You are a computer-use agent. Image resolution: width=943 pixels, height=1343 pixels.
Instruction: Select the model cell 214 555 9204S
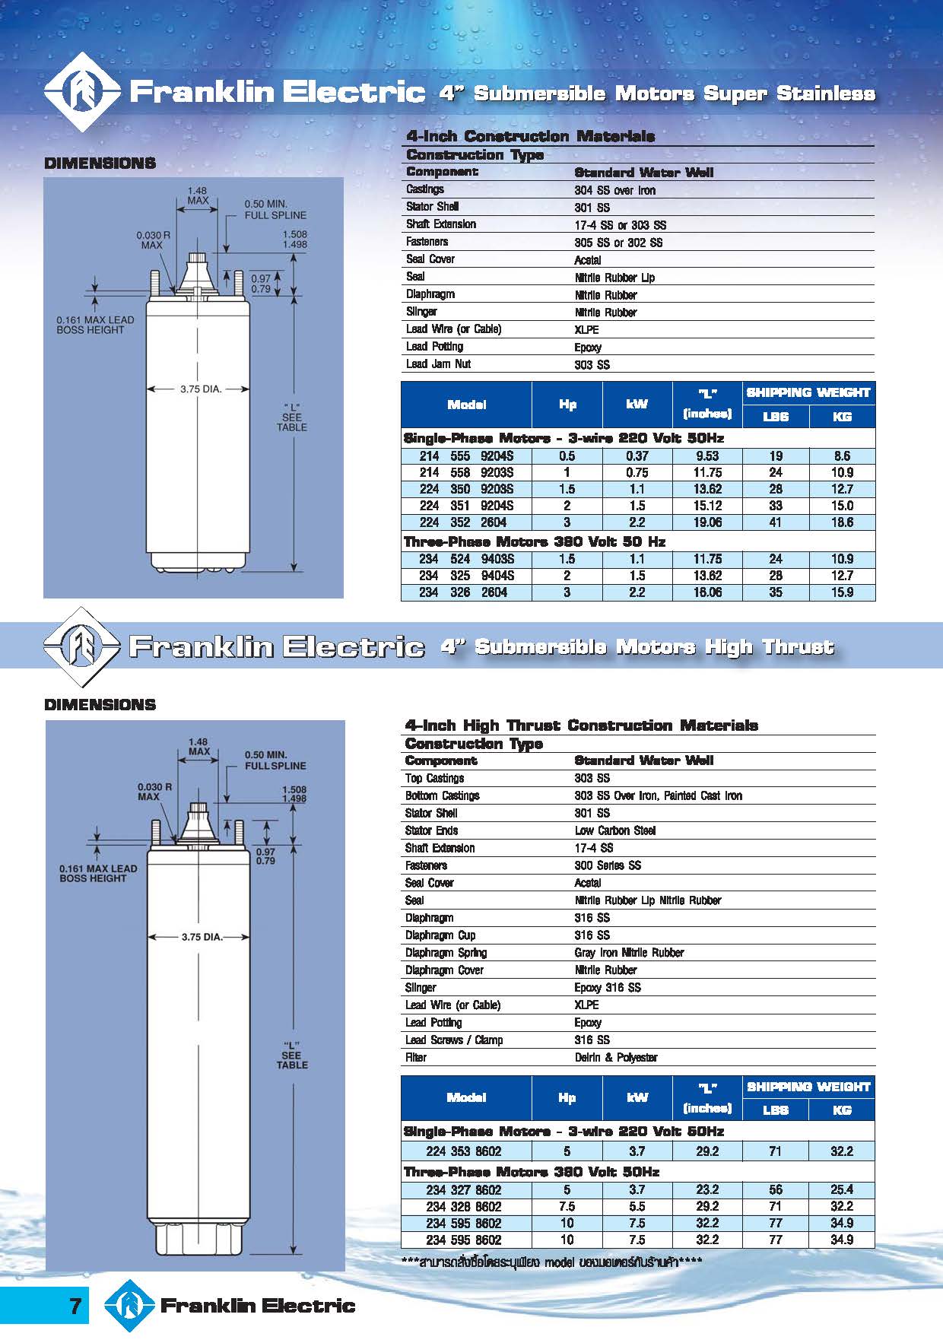(x=466, y=456)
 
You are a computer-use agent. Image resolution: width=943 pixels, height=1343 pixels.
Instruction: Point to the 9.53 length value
(x=707, y=456)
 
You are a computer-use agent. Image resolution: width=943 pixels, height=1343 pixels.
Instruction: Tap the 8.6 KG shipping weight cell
(x=842, y=456)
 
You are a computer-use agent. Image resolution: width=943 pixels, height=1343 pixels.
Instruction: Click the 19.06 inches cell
(x=707, y=522)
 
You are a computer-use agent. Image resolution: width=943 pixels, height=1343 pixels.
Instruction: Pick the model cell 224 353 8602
(x=463, y=1151)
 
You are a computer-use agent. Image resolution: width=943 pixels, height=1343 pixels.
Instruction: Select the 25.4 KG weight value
(x=842, y=1189)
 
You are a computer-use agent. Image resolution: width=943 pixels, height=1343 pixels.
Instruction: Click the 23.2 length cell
(x=707, y=1189)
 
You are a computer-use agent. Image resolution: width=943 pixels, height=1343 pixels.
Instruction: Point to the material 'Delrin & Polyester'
(x=616, y=1058)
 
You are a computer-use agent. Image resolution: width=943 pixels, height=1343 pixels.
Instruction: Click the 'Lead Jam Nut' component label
(x=438, y=364)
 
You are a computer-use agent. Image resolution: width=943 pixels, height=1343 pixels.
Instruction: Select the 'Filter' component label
(x=416, y=1058)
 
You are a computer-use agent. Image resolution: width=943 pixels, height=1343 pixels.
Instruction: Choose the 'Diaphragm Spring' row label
(x=446, y=953)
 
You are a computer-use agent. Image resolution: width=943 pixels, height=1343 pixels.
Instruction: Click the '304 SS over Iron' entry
(x=614, y=190)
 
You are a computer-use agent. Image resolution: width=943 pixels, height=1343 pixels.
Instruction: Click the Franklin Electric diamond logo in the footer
(x=129, y=1306)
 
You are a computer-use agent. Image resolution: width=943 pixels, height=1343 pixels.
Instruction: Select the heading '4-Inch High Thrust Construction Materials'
(x=581, y=725)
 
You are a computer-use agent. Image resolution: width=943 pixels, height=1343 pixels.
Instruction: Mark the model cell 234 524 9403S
(x=466, y=559)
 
